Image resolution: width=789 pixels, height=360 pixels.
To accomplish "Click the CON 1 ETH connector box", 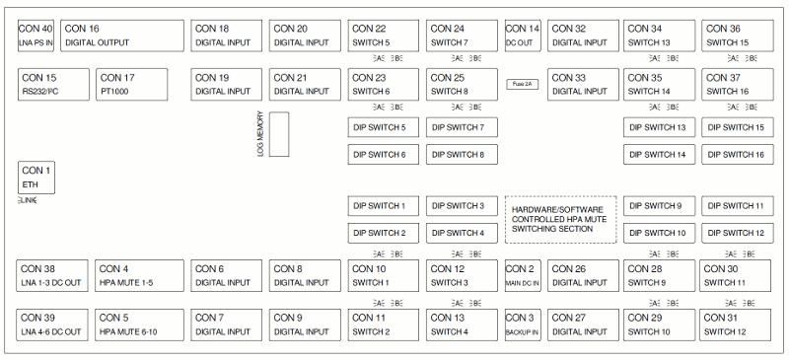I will point(36,178).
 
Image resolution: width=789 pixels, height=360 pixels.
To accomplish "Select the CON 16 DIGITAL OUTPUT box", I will point(122,36).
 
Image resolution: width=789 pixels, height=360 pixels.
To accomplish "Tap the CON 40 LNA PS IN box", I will point(36,36).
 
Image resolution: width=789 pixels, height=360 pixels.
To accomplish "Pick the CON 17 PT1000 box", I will point(132,84).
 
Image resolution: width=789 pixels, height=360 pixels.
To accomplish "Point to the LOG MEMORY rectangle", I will point(279,134).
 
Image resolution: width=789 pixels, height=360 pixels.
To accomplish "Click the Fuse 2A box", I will point(522,85).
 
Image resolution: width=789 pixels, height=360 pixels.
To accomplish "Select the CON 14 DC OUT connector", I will point(523,36).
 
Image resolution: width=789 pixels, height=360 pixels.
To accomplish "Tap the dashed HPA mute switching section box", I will point(560,219).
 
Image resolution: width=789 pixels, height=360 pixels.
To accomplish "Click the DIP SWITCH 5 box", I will point(384,127).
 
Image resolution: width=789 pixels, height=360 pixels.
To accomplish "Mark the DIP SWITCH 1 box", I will point(384,206).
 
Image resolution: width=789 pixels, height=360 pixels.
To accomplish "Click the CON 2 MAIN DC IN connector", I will point(523,275).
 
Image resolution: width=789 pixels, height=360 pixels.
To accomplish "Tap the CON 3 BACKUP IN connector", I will point(523,324).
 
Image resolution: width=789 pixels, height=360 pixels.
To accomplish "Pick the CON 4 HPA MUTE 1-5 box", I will point(140,275).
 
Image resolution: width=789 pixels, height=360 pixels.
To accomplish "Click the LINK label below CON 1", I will point(27,200).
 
